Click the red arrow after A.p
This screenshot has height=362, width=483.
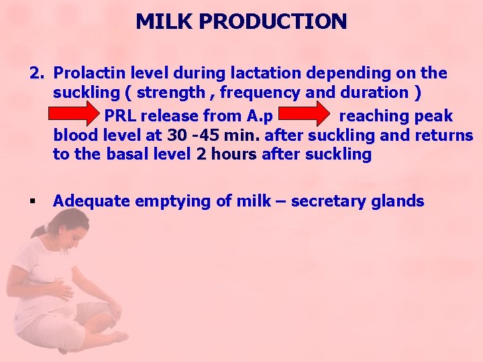305,115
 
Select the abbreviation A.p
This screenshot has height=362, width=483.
258,117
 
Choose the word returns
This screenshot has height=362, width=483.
443,135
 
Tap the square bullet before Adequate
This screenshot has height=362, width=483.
32,200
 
